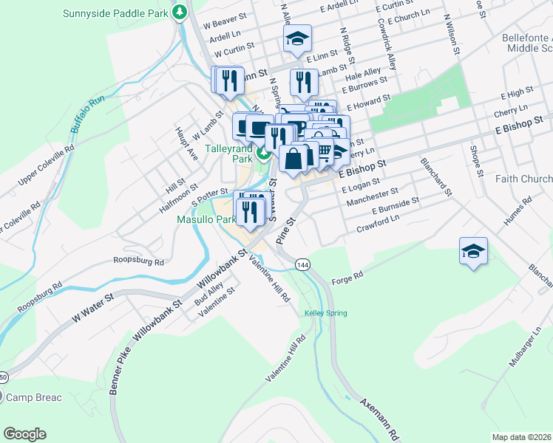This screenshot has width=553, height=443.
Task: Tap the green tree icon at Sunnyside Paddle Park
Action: pyautogui.click(x=179, y=13)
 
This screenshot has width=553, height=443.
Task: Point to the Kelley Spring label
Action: pyautogui.click(x=325, y=313)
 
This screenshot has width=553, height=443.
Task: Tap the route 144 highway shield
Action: pyautogui.click(x=302, y=264)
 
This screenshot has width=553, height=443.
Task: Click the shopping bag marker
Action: pyautogui.click(x=294, y=159)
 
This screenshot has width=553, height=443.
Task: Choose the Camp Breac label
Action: pyautogui.click(x=34, y=397)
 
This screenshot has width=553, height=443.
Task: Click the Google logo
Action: pyautogui.click(x=25, y=433)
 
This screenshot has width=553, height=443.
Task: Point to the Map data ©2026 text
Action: pyautogui.click(x=521, y=437)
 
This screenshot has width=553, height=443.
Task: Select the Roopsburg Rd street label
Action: pyautogui.click(x=139, y=260)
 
